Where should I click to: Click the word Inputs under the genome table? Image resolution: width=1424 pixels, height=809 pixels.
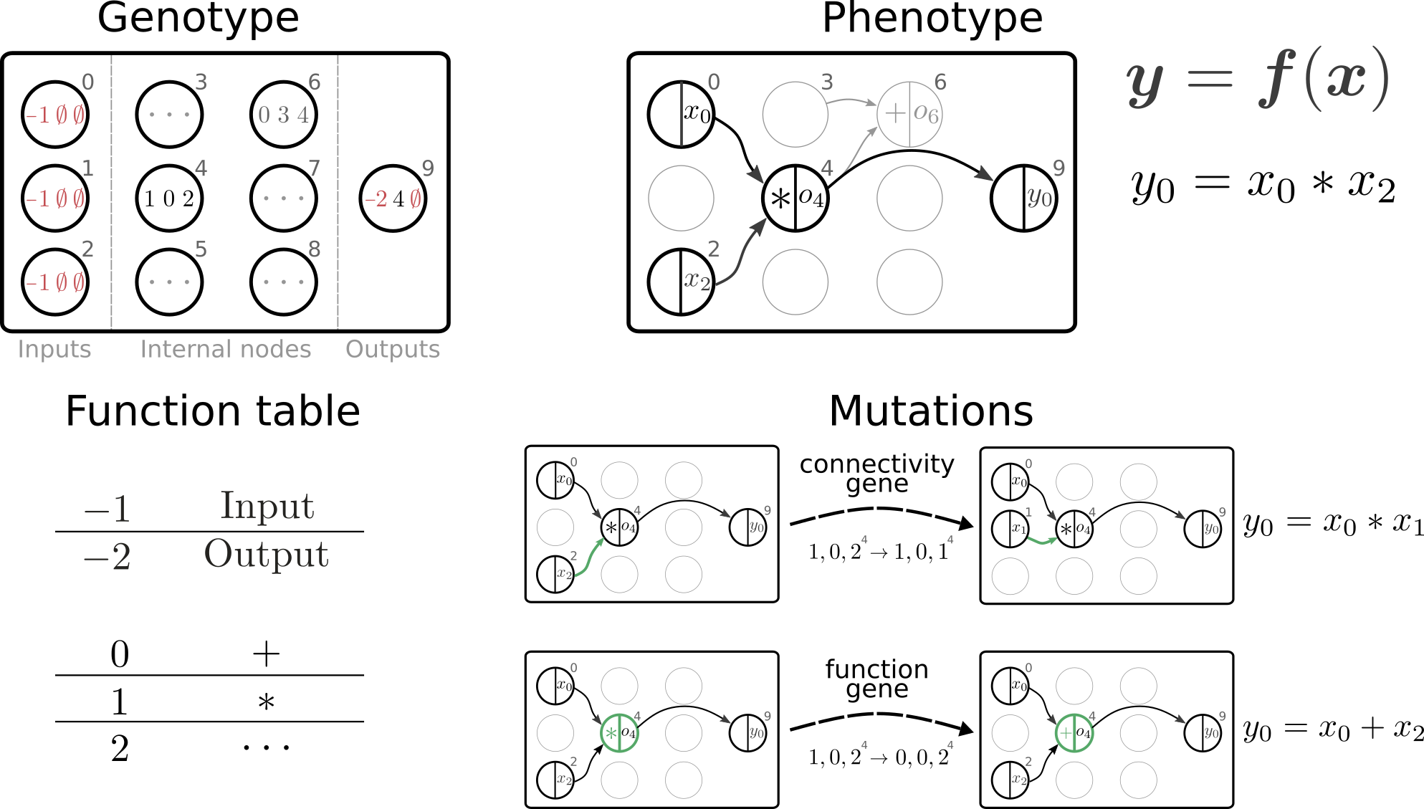pyautogui.click(x=54, y=349)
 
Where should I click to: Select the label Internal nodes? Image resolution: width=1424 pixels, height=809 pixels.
pyautogui.click(x=226, y=349)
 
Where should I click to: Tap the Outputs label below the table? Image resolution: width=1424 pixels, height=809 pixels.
pyautogui.click(x=393, y=349)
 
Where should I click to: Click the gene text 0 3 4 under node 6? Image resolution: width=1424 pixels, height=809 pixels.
pyautogui.click(x=284, y=115)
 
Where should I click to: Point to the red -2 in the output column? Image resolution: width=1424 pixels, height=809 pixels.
pyautogui.click(x=376, y=198)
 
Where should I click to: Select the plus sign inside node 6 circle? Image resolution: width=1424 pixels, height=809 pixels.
pyautogui.click(x=894, y=113)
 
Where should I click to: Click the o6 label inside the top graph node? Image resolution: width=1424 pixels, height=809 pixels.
pyautogui.click(x=926, y=113)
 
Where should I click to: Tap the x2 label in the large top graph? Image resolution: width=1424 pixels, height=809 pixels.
pyautogui.click(x=697, y=280)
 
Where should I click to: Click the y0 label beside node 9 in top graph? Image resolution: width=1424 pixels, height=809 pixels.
pyautogui.click(x=1039, y=196)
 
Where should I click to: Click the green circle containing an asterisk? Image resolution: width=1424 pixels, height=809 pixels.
pyautogui.click(x=619, y=733)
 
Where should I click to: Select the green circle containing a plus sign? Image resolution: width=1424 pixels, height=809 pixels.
pyautogui.click(x=1074, y=733)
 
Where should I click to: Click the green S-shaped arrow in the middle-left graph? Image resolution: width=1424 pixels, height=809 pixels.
pyautogui.click(x=590, y=557)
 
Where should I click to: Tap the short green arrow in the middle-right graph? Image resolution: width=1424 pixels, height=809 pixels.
pyautogui.click(x=1042, y=541)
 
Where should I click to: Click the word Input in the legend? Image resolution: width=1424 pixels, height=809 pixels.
pyautogui.click(x=267, y=506)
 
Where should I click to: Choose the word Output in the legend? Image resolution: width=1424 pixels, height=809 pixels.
pyautogui.click(x=267, y=554)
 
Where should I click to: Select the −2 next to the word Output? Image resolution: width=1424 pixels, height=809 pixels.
pyautogui.click(x=107, y=557)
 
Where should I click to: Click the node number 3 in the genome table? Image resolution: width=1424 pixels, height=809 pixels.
pyautogui.click(x=201, y=82)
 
